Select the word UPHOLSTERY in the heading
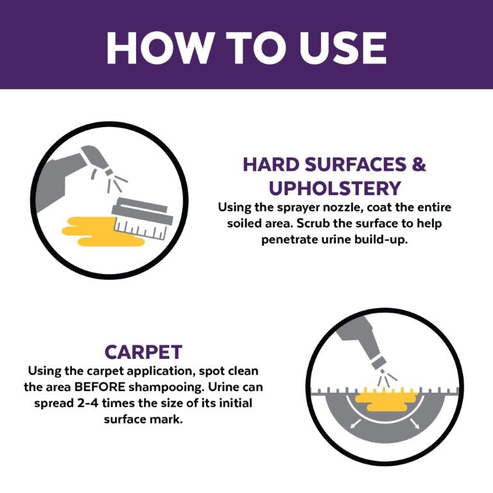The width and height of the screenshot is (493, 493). pos(334,188)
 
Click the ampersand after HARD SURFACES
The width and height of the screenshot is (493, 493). pos(418,164)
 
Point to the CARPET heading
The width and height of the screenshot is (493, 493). pos(143,352)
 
